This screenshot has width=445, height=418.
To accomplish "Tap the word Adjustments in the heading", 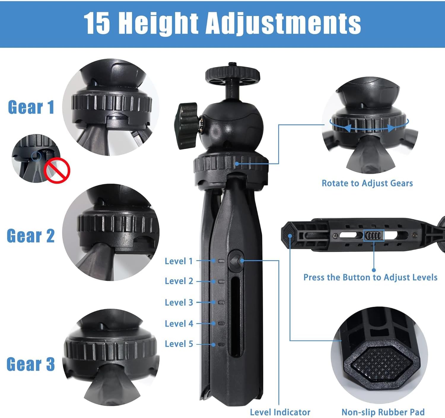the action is pos(283,23).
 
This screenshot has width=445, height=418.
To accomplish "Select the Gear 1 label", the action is pos(31,107).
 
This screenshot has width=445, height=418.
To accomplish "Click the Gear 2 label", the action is pos(31,236).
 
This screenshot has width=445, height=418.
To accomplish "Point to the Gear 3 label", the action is pos(31,364).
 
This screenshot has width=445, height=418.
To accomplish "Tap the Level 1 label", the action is pos(179,261).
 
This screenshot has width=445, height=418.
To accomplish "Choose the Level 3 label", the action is pos(179,302).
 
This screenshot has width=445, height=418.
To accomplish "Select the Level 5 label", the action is pos(179,344).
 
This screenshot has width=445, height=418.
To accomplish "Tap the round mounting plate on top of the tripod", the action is pos(233,74).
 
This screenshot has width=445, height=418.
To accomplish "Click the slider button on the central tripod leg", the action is pos(236,261).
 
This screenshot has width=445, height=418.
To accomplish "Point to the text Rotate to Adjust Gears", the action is pos(367,183).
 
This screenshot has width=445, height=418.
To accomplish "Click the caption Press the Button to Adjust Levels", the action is pos(370,277).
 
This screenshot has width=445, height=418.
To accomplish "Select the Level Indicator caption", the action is pos(280,412).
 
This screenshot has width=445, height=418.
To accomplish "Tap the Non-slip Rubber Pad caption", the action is pos(383,412).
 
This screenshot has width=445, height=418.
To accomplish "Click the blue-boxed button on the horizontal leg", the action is pos(374,236).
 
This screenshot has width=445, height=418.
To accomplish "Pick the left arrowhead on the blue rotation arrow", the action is pos(347,128).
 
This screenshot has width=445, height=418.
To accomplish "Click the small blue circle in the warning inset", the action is pos(36,155).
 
